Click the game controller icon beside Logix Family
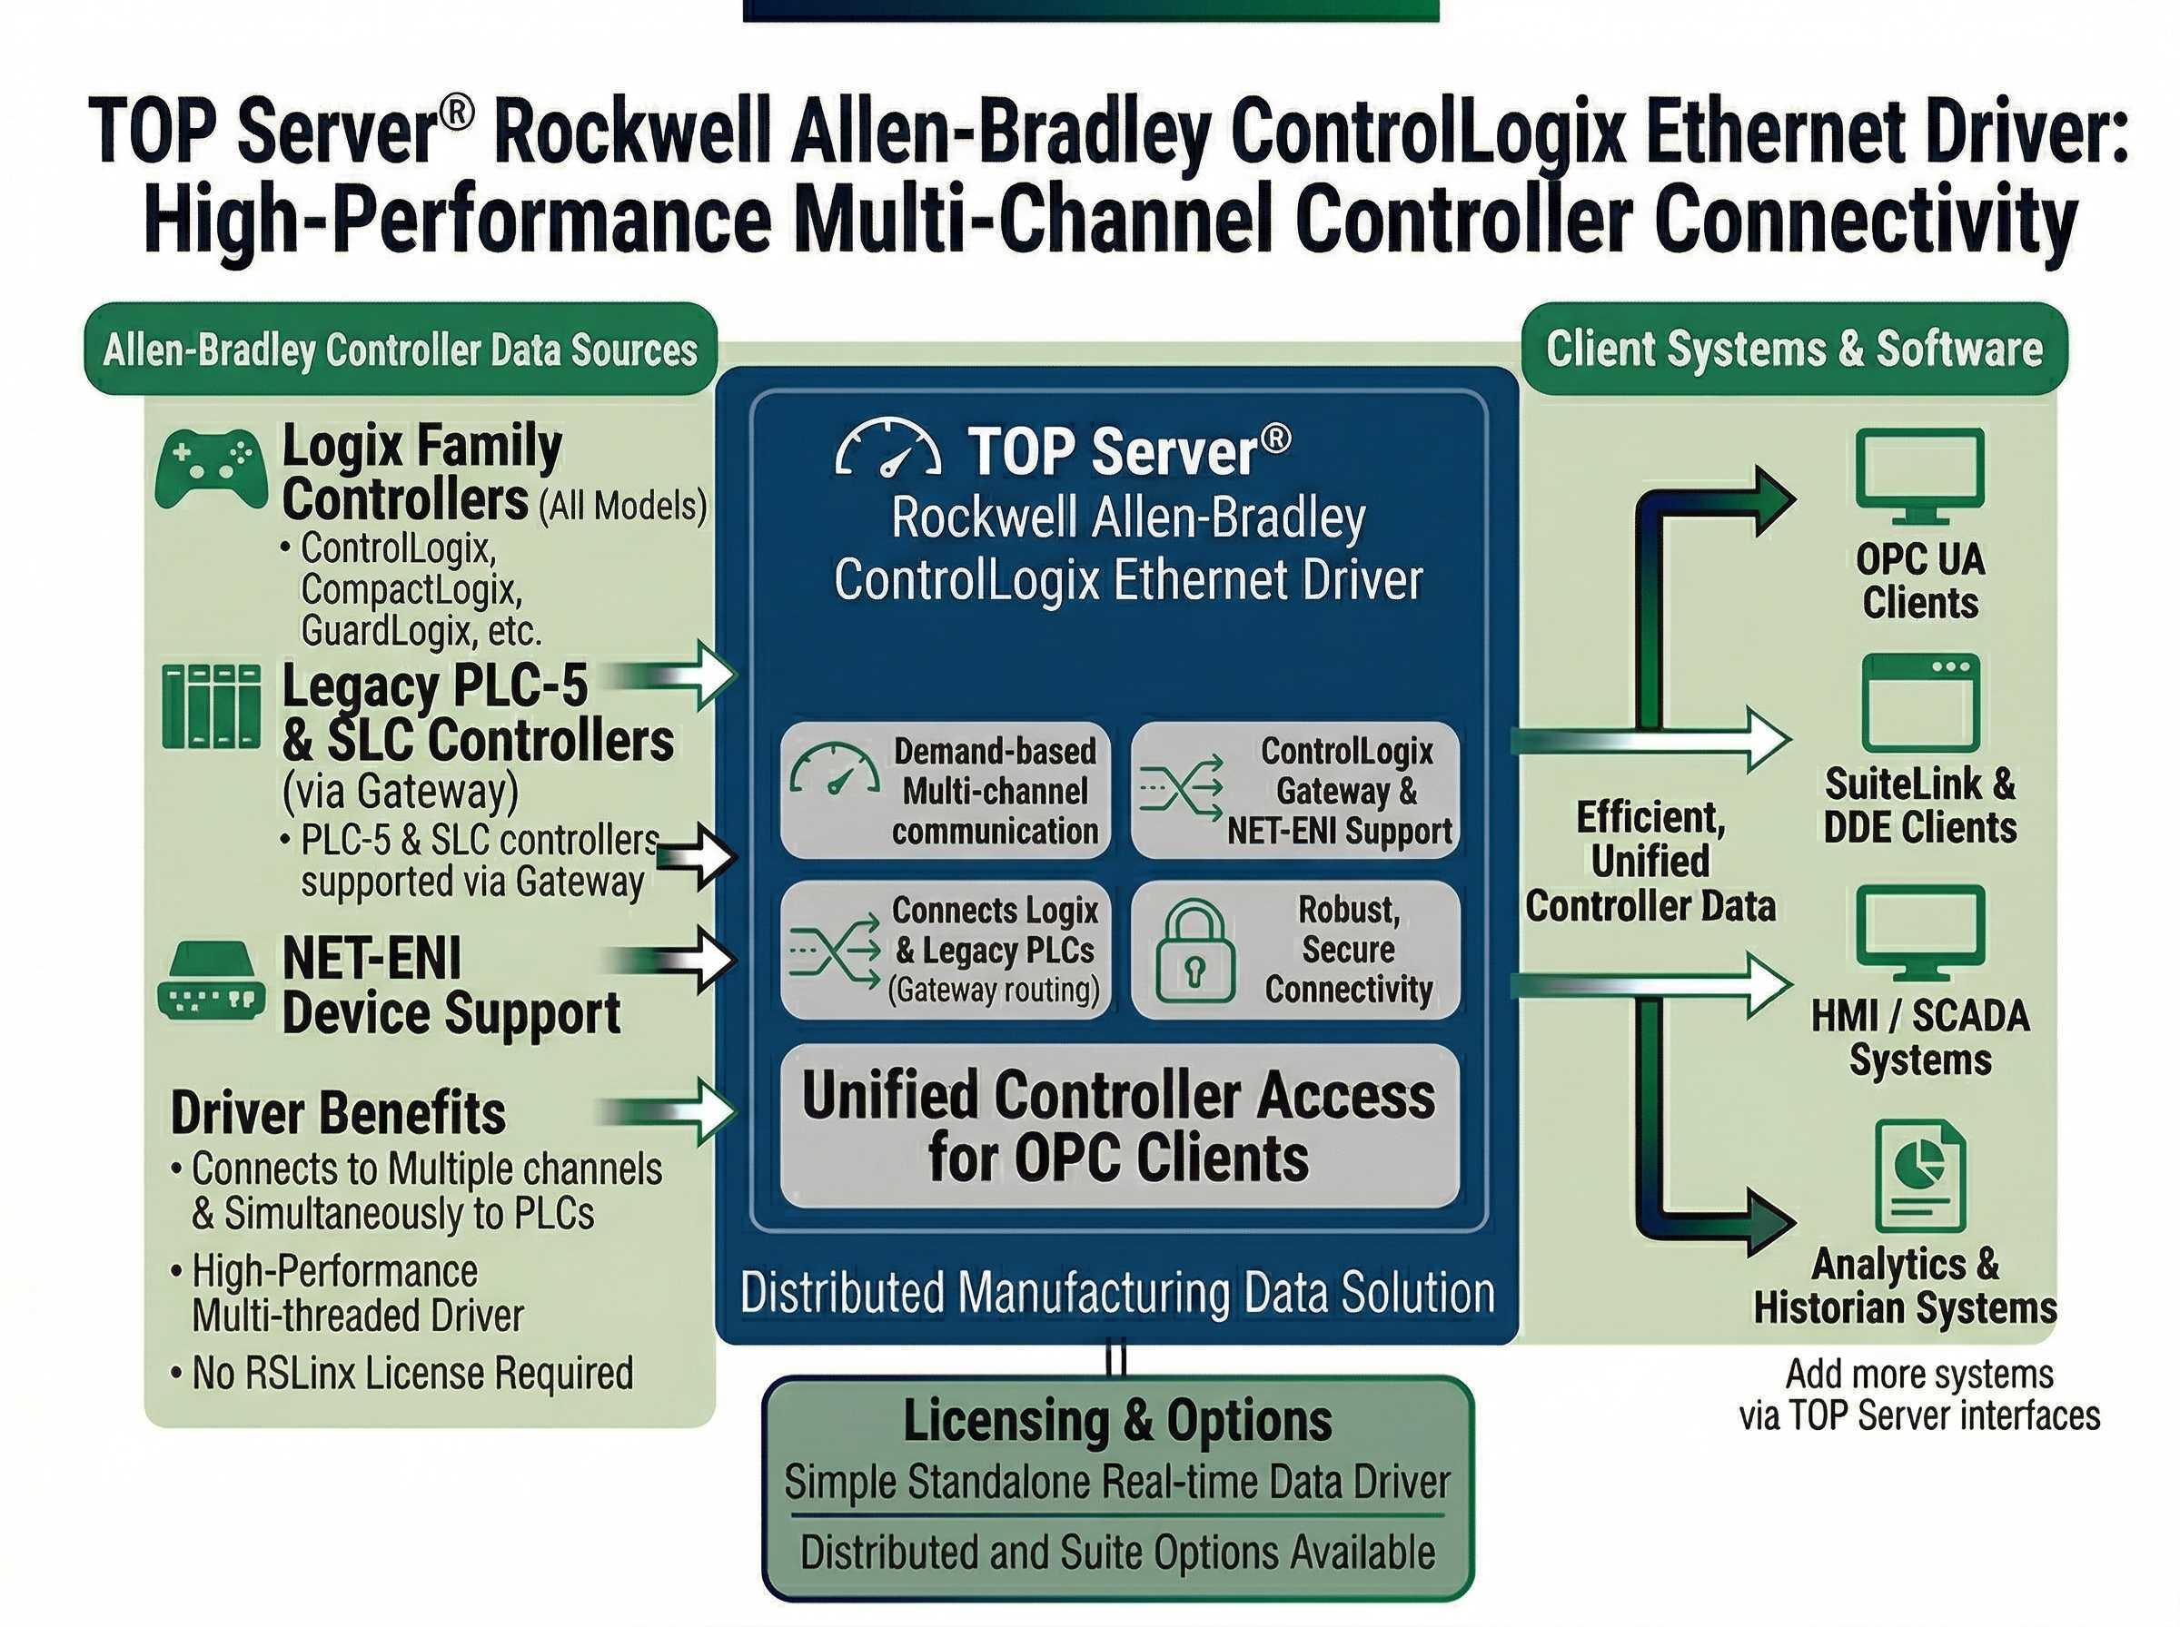pyautogui.click(x=211, y=468)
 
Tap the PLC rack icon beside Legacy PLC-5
pyautogui.click(x=212, y=706)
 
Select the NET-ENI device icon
pyautogui.click(x=211, y=981)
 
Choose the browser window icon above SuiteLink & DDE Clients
pyautogui.click(x=1920, y=702)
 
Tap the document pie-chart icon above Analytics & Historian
pyautogui.click(x=1920, y=1175)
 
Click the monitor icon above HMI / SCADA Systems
pyautogui.click(x=1919, y=932)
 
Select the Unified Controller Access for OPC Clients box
pyautogui.click(x=1119, y=1126)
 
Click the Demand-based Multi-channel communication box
pyautogui.click(x=945, y=790)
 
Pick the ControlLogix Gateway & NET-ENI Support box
pyautogui.click(x=1294, y=790)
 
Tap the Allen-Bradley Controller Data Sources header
pyautogui.click(x=400, y=350)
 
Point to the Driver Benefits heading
pyautogui.click(x=338, y=1113)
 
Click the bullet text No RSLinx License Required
pyautogui.click(x=411, y=1373)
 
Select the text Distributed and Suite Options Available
pyautogui.click(x=1117, y=1553)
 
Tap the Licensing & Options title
pyautogui.click(x=1117, y=1421)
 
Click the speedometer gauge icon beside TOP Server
pyautogui.click(x=887, y=450)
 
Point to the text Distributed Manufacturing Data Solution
pyautogui.click(x=1117, y=1292)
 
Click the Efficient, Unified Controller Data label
pyautogui.click(x=1650, y=862)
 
